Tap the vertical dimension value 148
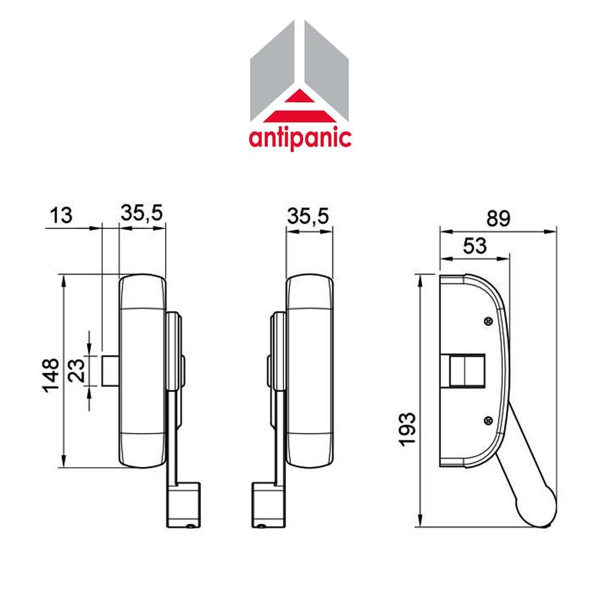tap(50, 375)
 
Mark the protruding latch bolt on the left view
tap(111, 371)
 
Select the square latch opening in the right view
tap(463, 371)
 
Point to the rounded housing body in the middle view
tap(309, 371)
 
